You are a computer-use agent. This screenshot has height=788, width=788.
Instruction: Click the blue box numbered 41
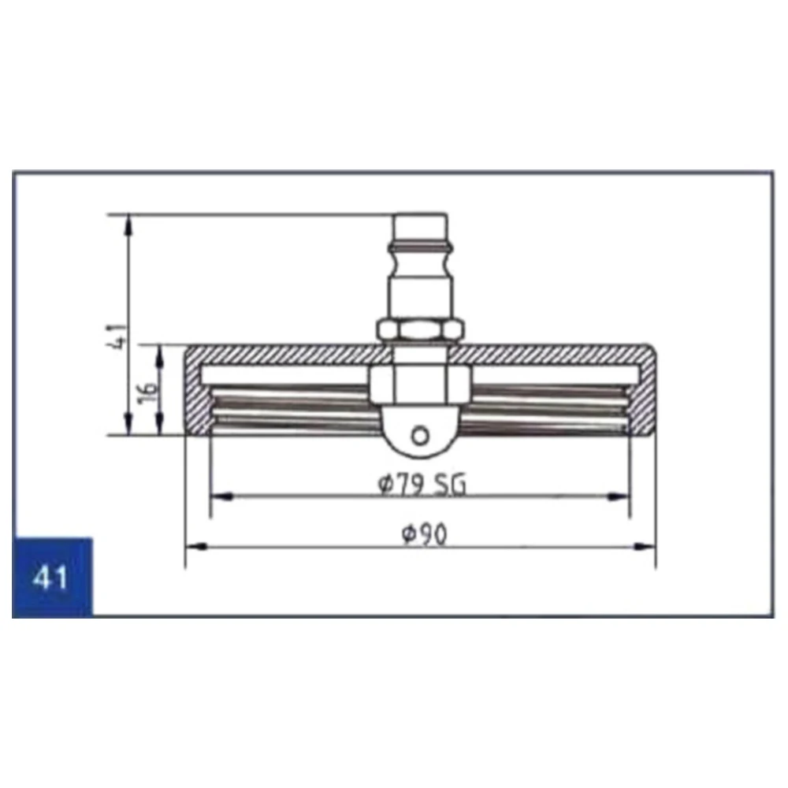pos(52,577)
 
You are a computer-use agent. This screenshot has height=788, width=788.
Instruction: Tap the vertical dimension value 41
pos(119,336)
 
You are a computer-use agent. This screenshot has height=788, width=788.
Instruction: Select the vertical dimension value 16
pos(148,393)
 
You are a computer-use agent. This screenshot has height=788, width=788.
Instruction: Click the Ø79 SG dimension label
pos(422,485)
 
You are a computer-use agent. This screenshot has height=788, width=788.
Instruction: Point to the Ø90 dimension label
pos(425,534)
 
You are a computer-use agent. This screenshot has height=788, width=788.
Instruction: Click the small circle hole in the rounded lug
pos(420,435)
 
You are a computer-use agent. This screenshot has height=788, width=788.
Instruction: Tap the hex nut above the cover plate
pos(420,330)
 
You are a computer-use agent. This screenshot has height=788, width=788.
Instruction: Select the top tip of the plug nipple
pos(421,214)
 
